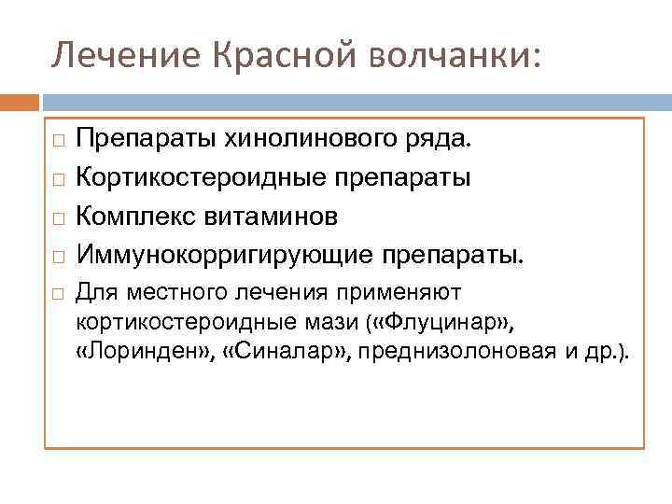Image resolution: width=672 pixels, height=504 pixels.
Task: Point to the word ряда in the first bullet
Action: click(x=444, y=140)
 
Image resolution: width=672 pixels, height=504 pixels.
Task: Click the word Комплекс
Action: click(x=137, y=216)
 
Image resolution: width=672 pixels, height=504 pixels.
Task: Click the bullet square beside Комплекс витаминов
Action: click(x=58, y=217)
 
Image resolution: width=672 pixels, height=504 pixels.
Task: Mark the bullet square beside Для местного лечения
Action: click(x=58, y=295)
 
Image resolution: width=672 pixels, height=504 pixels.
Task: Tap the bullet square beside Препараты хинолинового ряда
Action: click(x=58, y=141)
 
